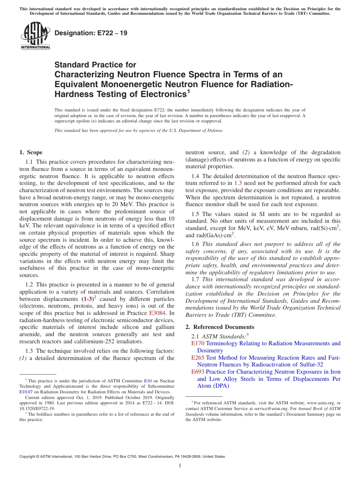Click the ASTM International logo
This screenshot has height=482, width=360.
coord(35,36)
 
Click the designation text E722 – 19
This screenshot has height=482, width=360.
coord(91,33)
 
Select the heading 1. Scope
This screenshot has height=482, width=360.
coord(31,152)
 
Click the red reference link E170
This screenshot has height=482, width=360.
coord(198,343)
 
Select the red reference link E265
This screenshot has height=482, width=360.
coord(198,358)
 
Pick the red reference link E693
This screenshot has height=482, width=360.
coord(198,372)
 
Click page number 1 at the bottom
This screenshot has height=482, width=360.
coord(180,466)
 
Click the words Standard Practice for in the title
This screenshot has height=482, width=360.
coord(95,65)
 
